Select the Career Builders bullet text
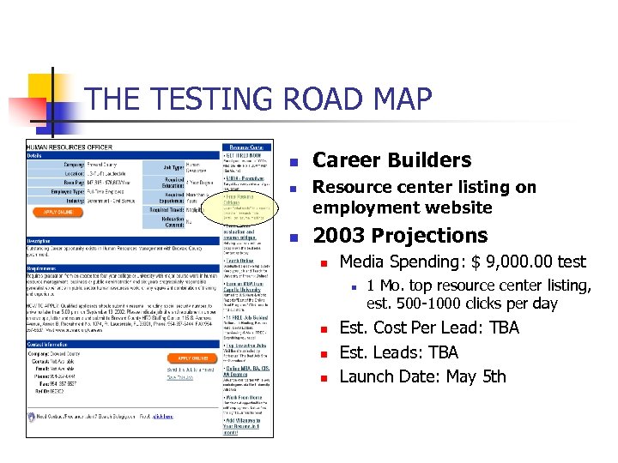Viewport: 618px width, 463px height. click(x=391, y=159)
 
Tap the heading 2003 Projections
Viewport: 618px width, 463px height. click(x=400, y=236)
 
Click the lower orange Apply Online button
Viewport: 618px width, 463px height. click(x=193, y=358)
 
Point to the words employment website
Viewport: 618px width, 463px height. click(x=402, y=207)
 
